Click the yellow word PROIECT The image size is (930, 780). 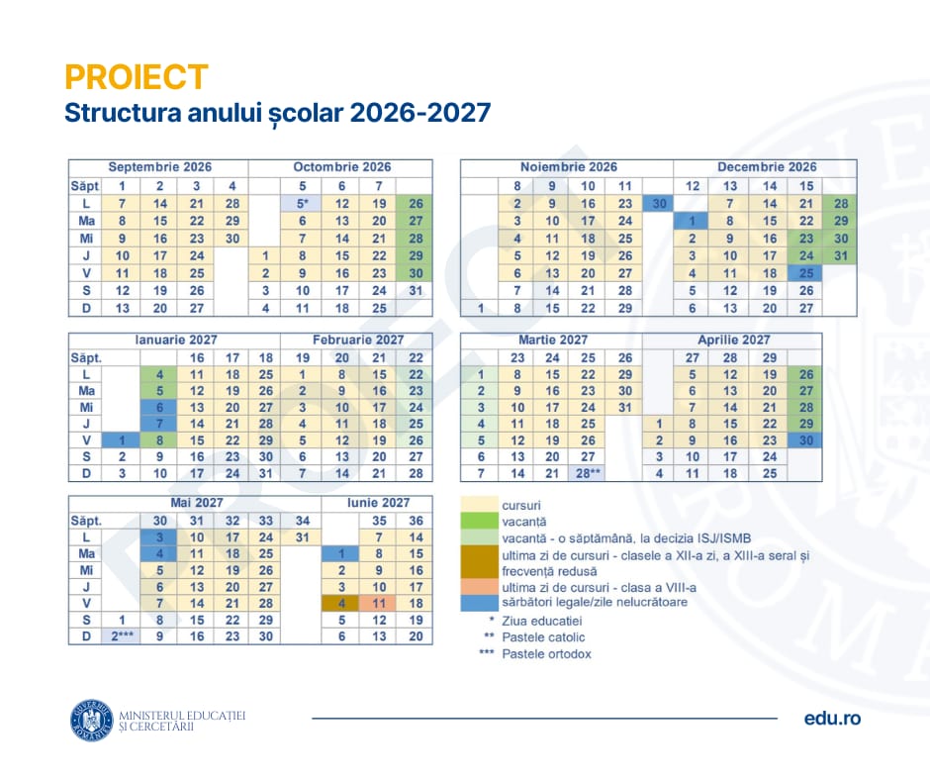point(137,77)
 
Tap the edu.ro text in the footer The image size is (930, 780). point(832,718)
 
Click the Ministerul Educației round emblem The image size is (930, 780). point(91,720)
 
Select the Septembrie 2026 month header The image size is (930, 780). point(159,167)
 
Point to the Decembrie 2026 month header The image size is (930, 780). point(767,167)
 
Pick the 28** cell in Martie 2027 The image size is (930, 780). point(589,473)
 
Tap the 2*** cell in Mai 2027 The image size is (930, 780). point(122,636)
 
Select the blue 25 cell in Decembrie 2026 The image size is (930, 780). point(806,273)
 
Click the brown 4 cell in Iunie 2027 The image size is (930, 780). point(341,602)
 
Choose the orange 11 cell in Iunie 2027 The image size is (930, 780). point(378,602)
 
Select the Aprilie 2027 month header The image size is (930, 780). point(733,340)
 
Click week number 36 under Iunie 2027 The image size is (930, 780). point(416,520)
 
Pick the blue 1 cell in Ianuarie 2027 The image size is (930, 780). point(122,439)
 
